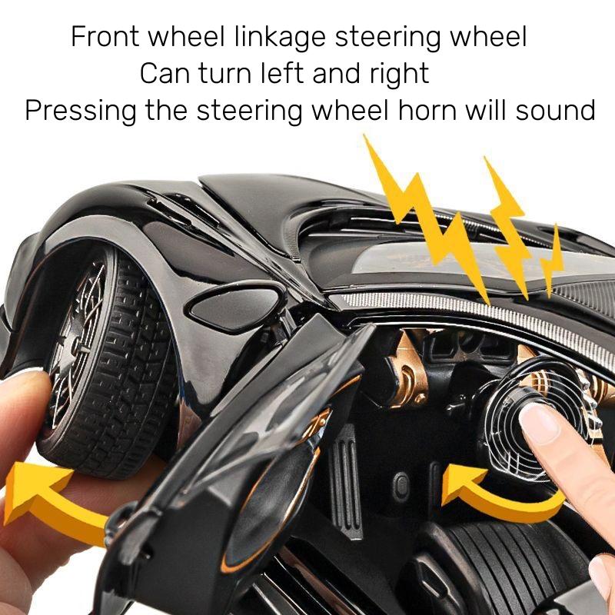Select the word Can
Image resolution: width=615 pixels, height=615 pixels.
[166, 74]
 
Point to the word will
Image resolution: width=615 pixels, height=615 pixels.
[485, 110]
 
